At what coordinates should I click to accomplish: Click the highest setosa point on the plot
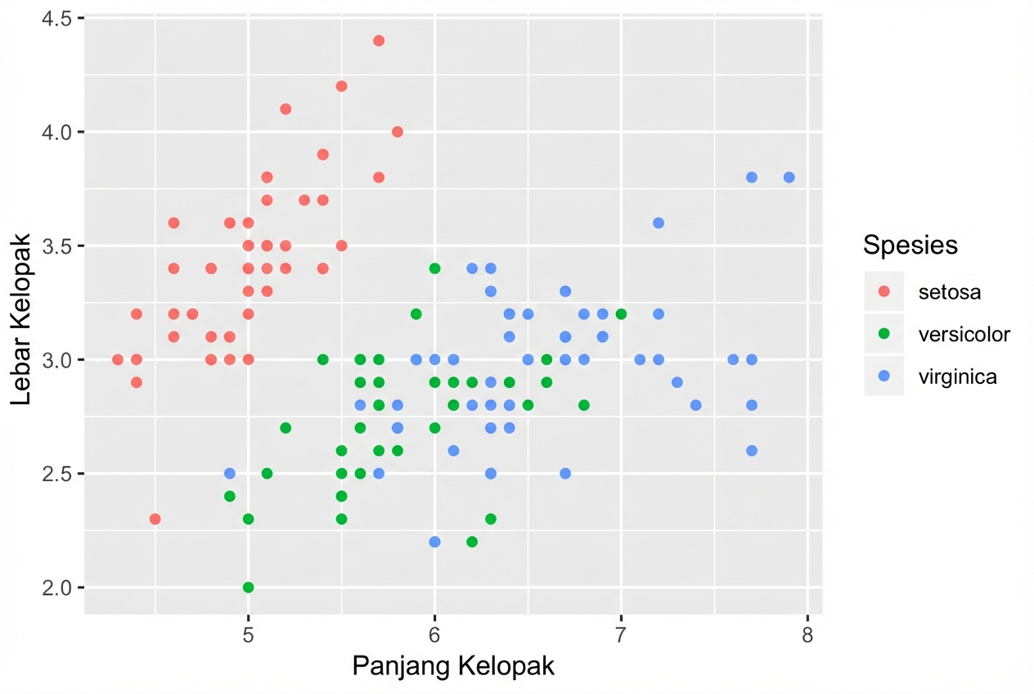click(x=379, y=41)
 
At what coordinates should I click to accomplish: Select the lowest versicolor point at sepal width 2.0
click(x=249, y=588)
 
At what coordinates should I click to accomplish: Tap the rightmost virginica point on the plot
click(x=789, y=178)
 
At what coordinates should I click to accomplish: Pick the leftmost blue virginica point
click(x=230, y=474)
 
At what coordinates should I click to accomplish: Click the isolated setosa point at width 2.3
click(x=155, y=519)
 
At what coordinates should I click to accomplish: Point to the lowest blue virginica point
click(x=434, y=542)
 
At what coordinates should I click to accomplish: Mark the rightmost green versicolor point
click(x=621, y=313)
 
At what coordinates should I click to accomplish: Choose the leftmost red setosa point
click(x=118, y=359)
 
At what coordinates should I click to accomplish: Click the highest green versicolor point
click(x=434, y=268)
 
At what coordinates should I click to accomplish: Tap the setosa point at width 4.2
click(x=342, y=86)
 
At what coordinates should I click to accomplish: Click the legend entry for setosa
click(x=949, y=291)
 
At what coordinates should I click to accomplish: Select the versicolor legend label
click(x=964, y=334)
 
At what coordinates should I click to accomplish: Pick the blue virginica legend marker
click(x=883, y=376)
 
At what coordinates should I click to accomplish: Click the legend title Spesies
click(x=910, y=245)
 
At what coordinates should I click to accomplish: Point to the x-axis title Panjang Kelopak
click(x=453, y=666)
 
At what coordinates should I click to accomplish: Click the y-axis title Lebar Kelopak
click(x=22, y=318)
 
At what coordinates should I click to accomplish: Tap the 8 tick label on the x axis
click(x=807, y=634)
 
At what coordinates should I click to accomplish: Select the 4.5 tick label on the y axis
click(x=55, y=19)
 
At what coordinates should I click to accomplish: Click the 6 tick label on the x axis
click(x=434, y=634)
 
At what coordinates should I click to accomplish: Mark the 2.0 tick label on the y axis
click(x=55, y=588)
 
